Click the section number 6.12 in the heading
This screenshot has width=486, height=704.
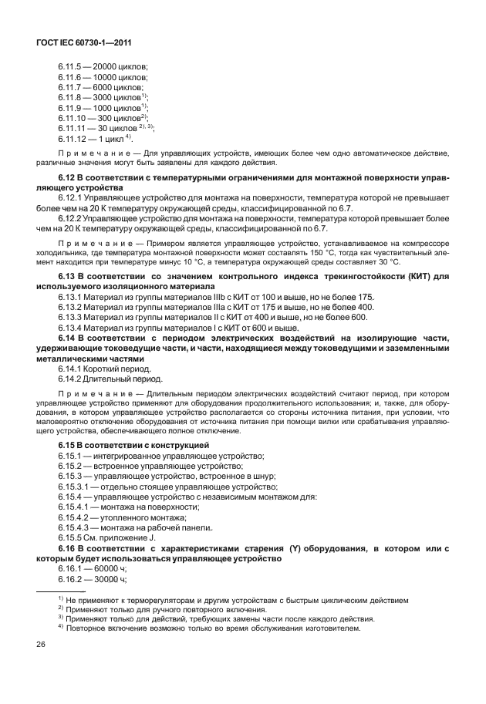(x=68, y=179)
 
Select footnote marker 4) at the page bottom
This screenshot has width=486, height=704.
(x=60, y=628)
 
